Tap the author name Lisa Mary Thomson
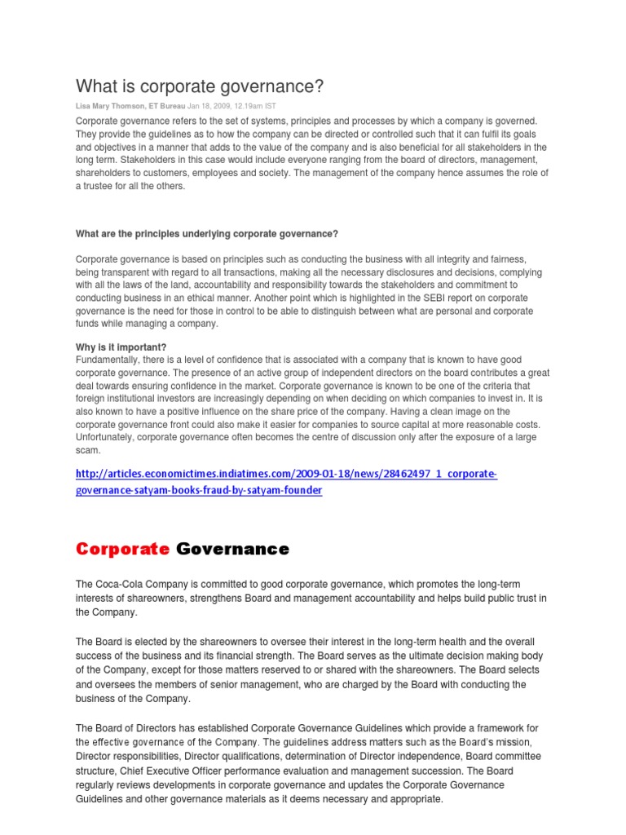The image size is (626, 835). click(110, 106)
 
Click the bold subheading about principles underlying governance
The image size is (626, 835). click(206, 234)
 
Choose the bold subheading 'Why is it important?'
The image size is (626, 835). click(121, 347)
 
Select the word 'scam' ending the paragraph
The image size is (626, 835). click(87, 450)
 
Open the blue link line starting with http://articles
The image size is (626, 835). click(286, 474)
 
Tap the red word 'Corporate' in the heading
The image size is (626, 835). click(122, 549)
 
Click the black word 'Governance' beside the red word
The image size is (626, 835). click(232, 549)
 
